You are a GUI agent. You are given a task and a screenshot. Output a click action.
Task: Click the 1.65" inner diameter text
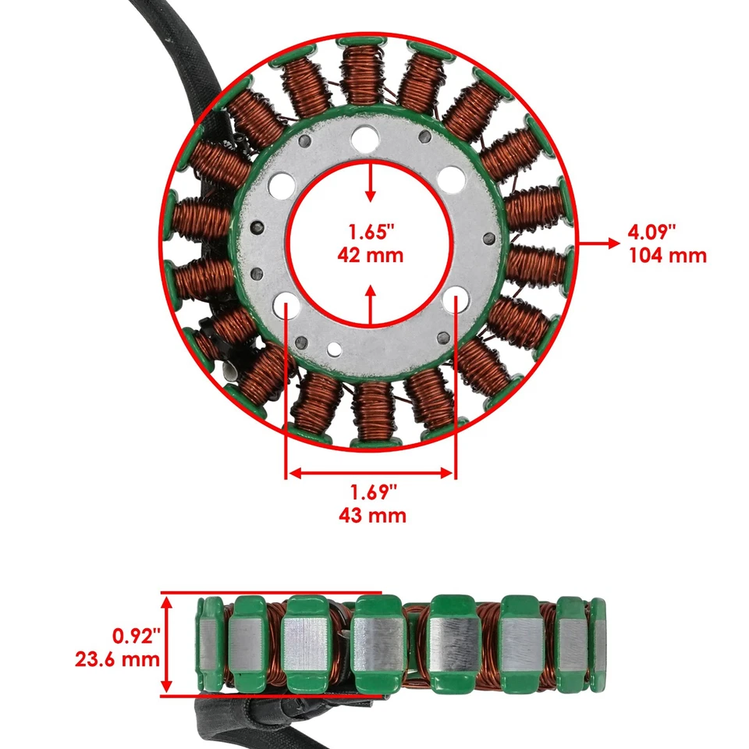click(x=371, y=233)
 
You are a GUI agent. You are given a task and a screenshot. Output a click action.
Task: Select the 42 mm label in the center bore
click(x=371, y=255)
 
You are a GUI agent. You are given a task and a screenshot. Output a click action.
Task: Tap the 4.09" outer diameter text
click(x=651, y=232)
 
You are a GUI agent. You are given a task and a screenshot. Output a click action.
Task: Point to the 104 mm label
click(x=667, y=255)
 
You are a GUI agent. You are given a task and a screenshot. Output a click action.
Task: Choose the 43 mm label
click(x=373, y=515)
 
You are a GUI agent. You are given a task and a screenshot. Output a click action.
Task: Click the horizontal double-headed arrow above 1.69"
click(x=371, y=472)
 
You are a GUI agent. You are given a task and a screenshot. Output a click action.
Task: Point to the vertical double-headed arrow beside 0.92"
click(x=166, y=644)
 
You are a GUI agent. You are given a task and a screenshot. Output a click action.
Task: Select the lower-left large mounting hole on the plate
click(x=285, y=304)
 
